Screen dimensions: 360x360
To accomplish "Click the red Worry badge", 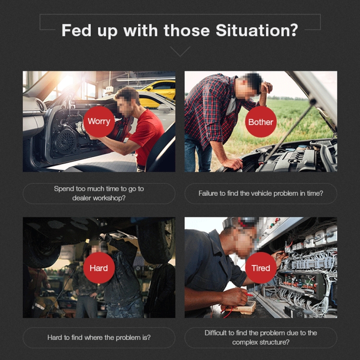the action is point(99,122).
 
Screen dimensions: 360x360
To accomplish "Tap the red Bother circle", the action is point(261,122).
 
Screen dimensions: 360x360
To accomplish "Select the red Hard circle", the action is point(99,268).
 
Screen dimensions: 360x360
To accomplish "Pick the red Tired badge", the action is point(261,268).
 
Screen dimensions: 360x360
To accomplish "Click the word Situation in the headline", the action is point(253,30).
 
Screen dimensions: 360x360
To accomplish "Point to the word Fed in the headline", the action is point(76,30).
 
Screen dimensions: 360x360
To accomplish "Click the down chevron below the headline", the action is point(180,51).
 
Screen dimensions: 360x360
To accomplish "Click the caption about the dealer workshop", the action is point(99,193).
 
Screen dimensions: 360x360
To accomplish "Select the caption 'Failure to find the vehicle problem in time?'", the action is point(261,193).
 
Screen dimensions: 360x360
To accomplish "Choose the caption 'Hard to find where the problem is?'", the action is point(99,337).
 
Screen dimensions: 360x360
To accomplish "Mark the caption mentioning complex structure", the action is point(261,337).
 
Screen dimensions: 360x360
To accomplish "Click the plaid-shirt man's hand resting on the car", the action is point(232,164).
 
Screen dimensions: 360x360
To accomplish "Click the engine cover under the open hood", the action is point(296,159).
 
